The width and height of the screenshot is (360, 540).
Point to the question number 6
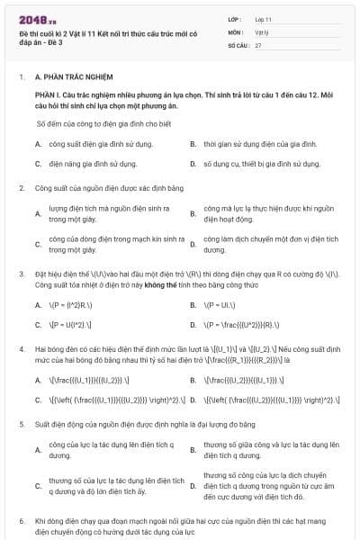[x=22, y=520]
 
